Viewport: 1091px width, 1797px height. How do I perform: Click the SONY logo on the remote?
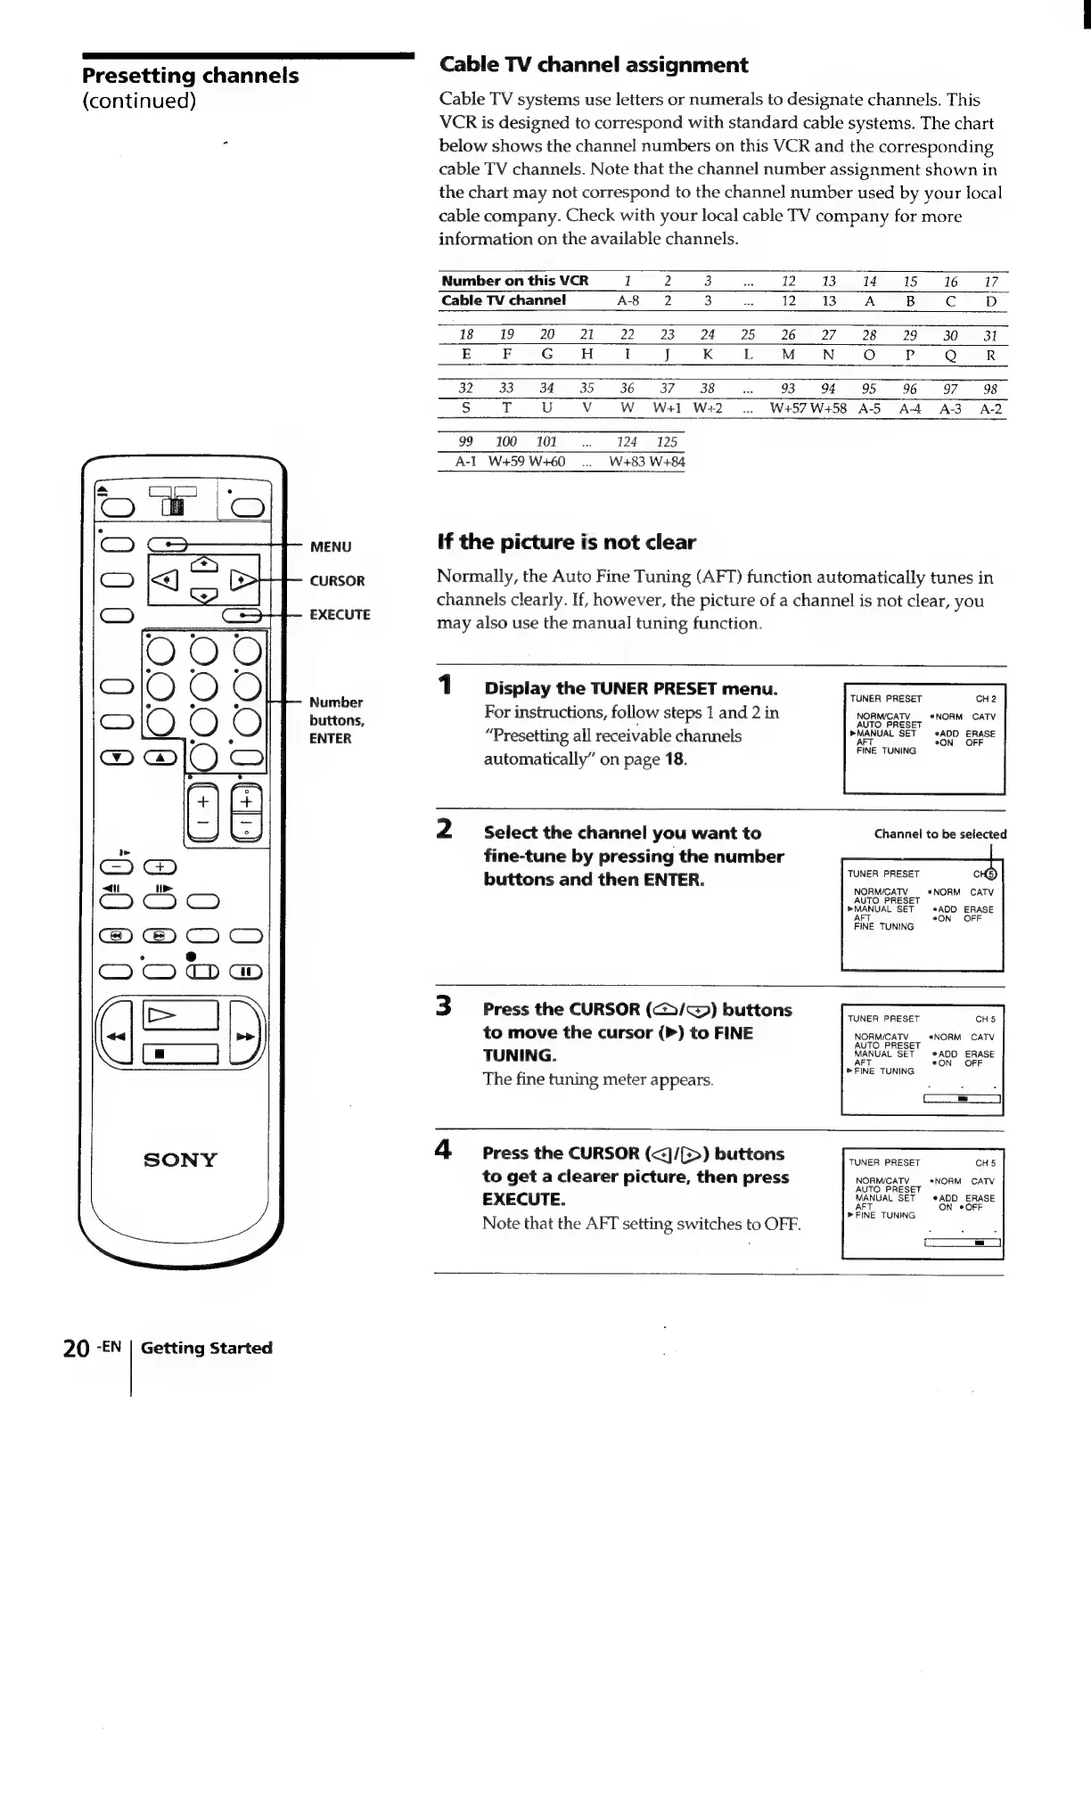(x=180, y=1159)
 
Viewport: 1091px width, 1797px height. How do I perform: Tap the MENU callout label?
(x=331, y=546)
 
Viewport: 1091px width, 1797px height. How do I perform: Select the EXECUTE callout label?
(x=340, y=614)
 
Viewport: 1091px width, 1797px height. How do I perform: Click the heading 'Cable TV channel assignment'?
(x=594, y=65)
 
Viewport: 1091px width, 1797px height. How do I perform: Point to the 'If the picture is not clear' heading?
(x=566, y=542)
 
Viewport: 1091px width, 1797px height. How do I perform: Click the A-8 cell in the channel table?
(x=628, y=301)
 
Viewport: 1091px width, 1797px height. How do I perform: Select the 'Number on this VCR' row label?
(x=515, y=281)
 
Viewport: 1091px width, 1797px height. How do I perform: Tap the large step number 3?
(x=443, y=1007)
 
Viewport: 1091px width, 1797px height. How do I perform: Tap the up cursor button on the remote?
(x=204, y=563)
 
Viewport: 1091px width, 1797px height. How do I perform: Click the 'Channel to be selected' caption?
(x=940, y=834)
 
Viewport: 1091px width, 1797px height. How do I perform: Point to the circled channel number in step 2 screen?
(x=993, y=873)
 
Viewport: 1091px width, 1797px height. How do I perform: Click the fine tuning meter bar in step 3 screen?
(x=962, y=1099)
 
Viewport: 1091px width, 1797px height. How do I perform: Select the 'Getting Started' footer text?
(x=207, y=1348)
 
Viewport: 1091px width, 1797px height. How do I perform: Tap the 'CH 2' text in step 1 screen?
(x=985, y=699)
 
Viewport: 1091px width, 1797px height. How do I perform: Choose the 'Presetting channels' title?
(x=191, y=75)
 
